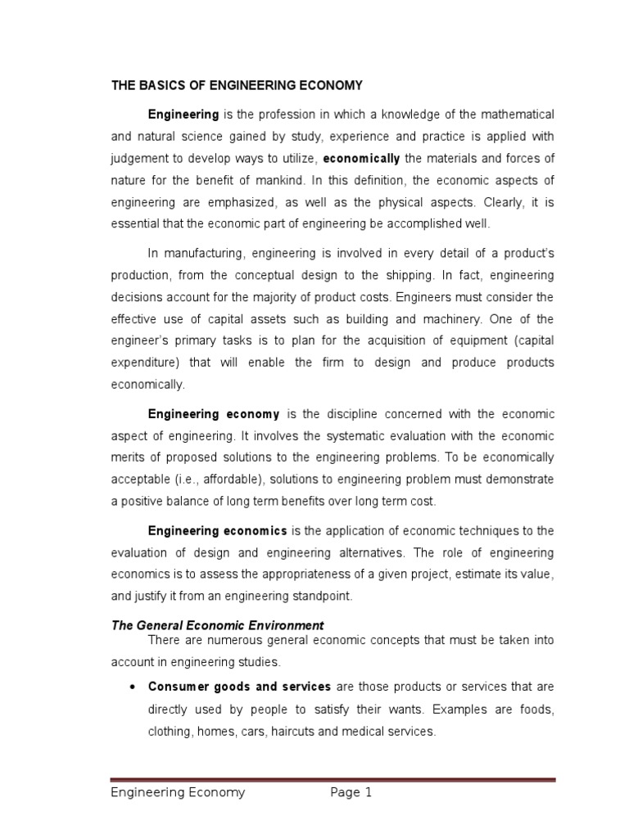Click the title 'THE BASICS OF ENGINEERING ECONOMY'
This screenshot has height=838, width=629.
point(237,85)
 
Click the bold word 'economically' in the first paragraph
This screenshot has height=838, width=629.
point(361,157)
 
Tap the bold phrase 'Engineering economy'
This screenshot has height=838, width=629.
point(214,414)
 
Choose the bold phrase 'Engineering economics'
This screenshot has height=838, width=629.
point(217,531)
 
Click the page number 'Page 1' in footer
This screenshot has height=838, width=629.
point(351,792)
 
